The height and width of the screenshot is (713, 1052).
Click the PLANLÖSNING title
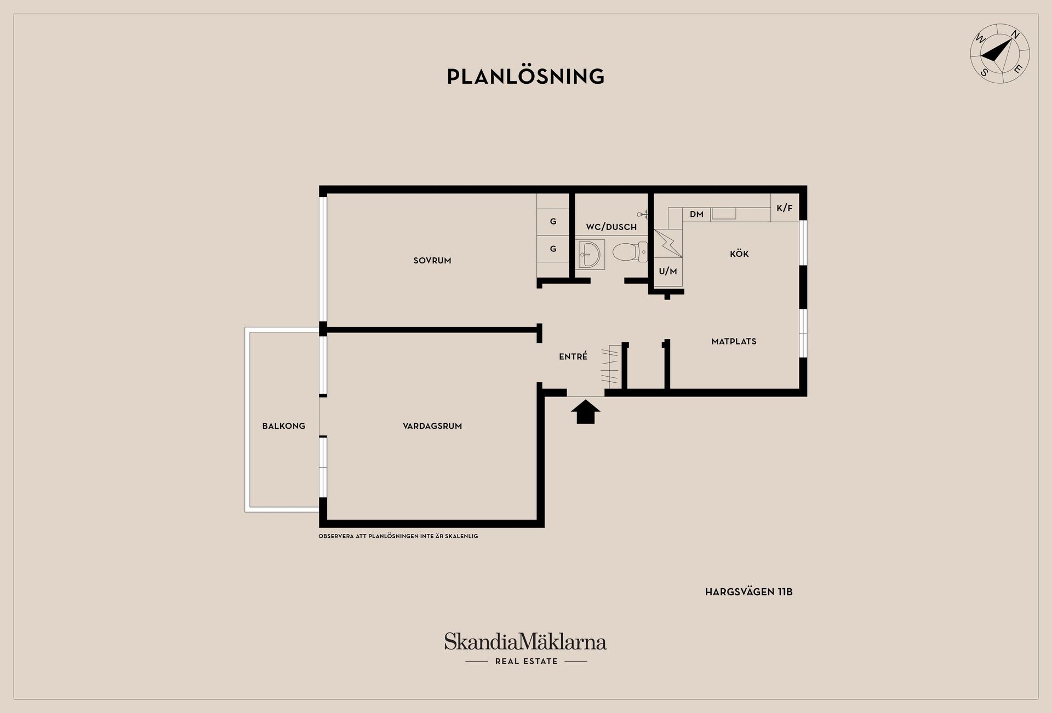pos(525,76)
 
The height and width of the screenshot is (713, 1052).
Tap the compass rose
pos(1000,54)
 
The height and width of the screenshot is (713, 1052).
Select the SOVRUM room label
pos(432,261)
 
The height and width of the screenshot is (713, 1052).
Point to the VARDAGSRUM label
pos(432,426)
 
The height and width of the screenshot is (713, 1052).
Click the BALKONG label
pos(284,426)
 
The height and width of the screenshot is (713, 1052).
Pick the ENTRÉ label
pos(573,357)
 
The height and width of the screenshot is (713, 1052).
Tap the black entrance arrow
pos(586,411)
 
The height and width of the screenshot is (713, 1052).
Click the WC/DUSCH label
pos(611,227)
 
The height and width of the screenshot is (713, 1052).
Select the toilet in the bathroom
pos(630,252)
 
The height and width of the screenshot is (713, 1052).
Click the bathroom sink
pos(590,254)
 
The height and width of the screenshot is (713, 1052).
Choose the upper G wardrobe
pos(553,222)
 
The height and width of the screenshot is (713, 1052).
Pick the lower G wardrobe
pos(553,249)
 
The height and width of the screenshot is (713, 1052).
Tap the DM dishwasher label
pos(696,214)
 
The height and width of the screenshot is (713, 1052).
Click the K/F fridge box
pos(785,208)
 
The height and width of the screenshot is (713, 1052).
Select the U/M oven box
pos(668,272)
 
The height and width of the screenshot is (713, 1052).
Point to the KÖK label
pos(739,254)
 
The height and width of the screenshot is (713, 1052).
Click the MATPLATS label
pos(734,341)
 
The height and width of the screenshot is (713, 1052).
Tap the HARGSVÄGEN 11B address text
pos(748,592)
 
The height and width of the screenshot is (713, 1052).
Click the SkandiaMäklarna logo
pos(525,648)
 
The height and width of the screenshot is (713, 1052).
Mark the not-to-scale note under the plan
pos(398,536)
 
